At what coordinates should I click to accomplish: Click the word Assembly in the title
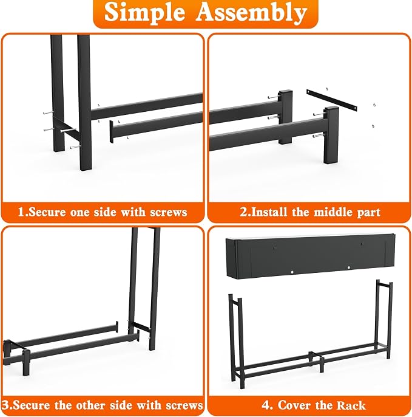click(x=251, y=13)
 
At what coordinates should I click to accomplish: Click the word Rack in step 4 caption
click(x=351, y=405)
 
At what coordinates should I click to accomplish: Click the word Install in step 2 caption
click(x=268, y=212)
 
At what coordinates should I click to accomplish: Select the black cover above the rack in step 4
click(x=310, y=256)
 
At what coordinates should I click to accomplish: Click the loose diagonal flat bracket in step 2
click(x=331, y=100)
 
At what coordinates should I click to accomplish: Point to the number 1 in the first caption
click(x=21, y=212)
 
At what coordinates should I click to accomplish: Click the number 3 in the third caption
click(x=5, y=405)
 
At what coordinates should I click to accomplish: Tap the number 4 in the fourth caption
click(x=266, y=405)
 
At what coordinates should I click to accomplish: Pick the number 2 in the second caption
click(x=244, y=212)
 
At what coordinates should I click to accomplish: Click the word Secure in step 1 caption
click(x=47, y=212)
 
